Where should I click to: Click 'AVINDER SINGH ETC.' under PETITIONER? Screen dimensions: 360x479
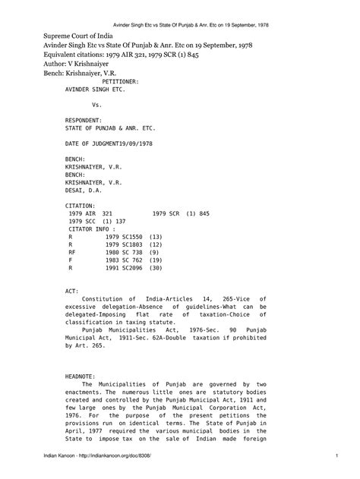point(91,87)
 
